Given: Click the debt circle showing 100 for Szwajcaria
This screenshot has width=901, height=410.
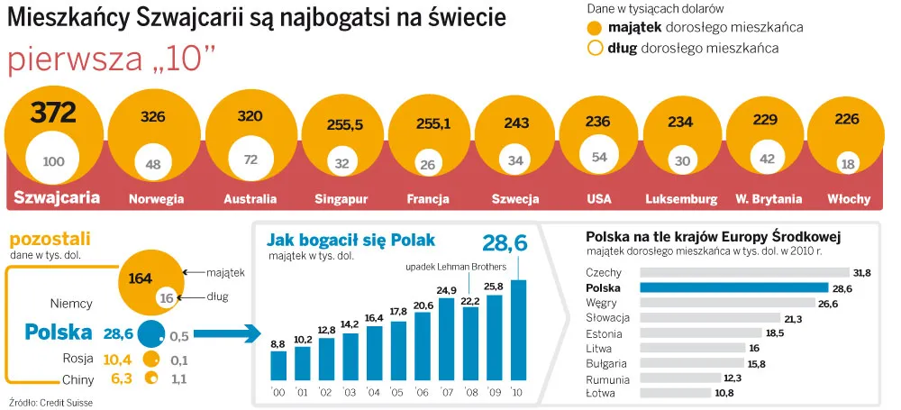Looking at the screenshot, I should (x=54, y=161).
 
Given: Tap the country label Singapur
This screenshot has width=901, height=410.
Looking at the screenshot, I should (x=341, y=198).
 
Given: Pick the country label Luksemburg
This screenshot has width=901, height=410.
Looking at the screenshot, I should (x=681, y=198).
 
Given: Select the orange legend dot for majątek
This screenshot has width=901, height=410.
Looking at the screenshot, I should (x=595, y=27).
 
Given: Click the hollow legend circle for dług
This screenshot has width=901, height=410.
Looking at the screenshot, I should (x=595, y=48).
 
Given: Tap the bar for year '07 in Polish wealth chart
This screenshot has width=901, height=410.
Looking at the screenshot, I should (x=447, y=338).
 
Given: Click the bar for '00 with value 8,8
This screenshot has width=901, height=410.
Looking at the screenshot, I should (x=278, y=364).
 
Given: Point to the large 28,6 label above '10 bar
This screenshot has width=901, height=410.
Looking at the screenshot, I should (x=505, y=242).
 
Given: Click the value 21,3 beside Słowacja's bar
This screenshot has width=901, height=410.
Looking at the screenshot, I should (x=794, y=318).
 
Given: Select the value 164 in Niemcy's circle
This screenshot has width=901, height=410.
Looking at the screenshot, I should (x=141, y=278).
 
